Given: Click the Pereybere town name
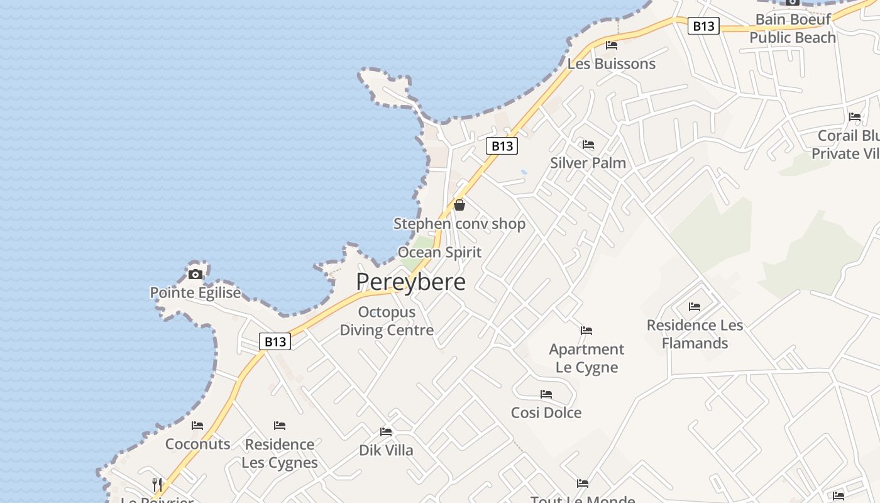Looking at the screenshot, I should coord(411,282).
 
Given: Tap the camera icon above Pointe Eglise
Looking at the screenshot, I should coord(195,274).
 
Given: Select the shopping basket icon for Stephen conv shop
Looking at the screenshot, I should coord(459,205).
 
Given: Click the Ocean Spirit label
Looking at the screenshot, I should coord(439,252).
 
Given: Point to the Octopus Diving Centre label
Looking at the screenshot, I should coord(387,321).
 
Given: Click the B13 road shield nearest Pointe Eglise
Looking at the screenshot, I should coord(275,341).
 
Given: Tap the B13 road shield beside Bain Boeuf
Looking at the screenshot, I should coord(703,26).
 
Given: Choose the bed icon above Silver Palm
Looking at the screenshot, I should coord(588,145).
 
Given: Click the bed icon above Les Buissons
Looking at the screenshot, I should coord(611,45).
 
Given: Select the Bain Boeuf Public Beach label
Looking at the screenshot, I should coord(793,28).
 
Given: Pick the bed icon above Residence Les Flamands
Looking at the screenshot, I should coord(695,307).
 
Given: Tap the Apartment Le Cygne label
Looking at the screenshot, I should coord(586,358).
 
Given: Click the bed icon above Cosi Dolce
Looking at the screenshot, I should coord(546,394).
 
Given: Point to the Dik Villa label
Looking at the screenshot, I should coord(386,450).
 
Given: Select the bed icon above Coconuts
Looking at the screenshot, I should coord(197,426).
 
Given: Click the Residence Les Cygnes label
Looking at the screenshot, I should coord(280,453).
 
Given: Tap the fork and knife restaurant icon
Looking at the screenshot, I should coord(157,484).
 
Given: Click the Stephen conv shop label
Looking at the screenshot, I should coord(459,224).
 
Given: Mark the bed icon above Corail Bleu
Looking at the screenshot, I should coord(855,117).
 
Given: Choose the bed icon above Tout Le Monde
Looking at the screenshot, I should coord(583,484).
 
